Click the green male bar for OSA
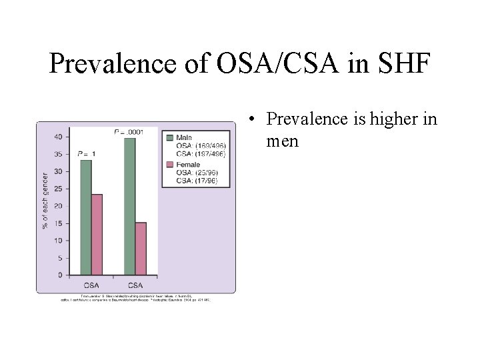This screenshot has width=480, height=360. pyautogui.click(x=85, y=217)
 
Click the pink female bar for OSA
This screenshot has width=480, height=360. pyautogui.click(x=97, y=234)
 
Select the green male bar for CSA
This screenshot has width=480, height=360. pyautogui.click(x=129, y=207)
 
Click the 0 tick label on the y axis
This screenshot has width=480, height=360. pyautogui.click(x=60, y=275)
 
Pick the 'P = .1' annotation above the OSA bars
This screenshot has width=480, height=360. pyautogui.click(x=86, y=154)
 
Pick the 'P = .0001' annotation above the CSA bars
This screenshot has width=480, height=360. pyautogui.click(x=129, y=132)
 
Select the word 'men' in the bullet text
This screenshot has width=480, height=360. pyautogui.click(x=281, y=141)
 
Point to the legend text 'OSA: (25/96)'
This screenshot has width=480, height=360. pyautogui.click(x=196, y=173)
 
